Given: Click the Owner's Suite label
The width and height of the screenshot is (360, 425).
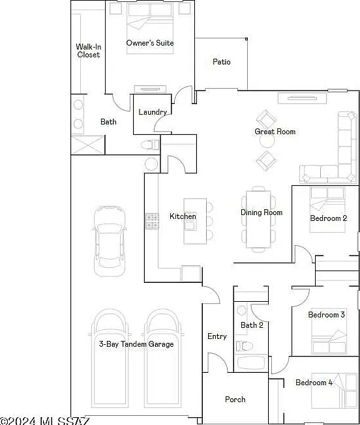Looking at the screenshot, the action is [150, 43].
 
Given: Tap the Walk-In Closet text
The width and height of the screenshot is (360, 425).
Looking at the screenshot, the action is [89, 51].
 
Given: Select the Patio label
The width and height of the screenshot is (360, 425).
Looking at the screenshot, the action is [222, 62].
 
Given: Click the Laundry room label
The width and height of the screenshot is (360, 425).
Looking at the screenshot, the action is [153, 112].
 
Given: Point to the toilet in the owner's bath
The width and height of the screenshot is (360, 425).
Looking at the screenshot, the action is [150, 145].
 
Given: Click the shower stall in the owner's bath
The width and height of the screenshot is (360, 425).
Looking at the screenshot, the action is [87, 145].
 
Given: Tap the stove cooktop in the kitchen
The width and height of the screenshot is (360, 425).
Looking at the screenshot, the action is [153, 221].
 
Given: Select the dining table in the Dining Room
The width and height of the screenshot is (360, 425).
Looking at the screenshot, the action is [258, 219].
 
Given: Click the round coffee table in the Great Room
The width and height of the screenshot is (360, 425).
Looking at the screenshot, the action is [267, 140].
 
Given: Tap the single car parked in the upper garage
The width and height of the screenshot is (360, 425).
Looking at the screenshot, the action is [110, 241].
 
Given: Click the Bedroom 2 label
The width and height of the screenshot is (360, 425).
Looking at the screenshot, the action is [328, 218].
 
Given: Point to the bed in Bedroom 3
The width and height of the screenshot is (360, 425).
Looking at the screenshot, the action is [329, 331].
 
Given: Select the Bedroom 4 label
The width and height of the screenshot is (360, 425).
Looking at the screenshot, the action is [314, 383].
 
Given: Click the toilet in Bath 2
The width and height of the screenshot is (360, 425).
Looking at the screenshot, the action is [245, 346].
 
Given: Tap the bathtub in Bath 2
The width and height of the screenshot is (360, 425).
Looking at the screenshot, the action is [251, 363].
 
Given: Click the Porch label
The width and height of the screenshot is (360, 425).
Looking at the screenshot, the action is [235, 399].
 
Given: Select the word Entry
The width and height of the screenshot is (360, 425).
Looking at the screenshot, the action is [217, 336].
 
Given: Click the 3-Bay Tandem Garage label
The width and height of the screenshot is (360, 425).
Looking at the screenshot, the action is [136, 344].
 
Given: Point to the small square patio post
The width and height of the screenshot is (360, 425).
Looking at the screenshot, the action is [247, 39].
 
